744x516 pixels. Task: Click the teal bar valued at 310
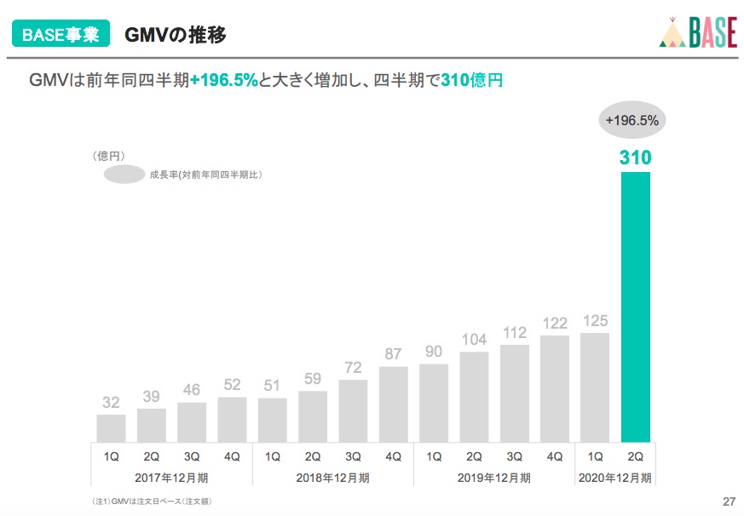636,307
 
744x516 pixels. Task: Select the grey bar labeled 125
595,387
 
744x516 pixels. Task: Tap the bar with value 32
111,427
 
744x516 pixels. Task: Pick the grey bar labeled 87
393,404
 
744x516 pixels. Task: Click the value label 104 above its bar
474,340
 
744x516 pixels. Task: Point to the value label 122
555,324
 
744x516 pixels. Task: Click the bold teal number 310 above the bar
636,158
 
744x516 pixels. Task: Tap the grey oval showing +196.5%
632,121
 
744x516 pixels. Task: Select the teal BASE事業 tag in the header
60,35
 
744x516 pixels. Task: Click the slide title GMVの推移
176,35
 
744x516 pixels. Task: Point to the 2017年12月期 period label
171,478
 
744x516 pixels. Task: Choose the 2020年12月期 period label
615,478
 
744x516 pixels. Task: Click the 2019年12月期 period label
494,478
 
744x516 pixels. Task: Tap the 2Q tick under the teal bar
636,456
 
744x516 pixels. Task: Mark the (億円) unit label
109,156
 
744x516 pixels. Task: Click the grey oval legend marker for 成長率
124,175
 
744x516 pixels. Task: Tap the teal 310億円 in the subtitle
472,81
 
